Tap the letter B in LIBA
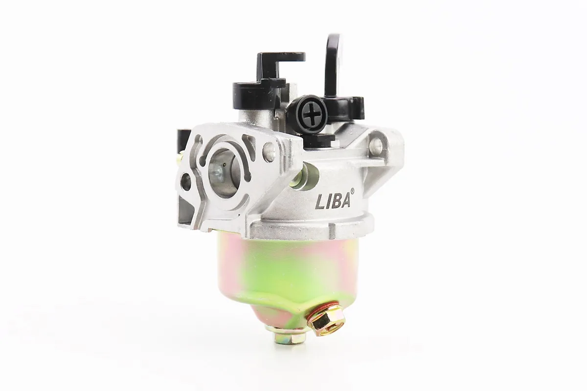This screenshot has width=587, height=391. click(x=337, y=201)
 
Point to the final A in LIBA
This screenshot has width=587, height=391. click(x=346, y=200)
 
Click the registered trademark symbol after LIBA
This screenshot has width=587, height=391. click(x=353, y=191)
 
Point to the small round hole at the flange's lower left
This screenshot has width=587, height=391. click(x=186, y=182)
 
